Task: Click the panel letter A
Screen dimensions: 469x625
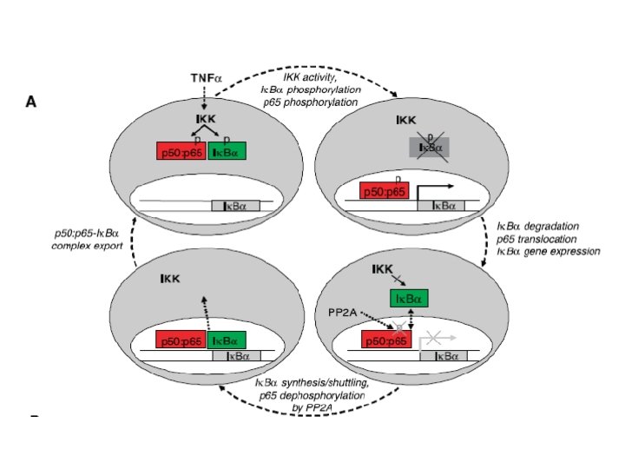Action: (x=31, y=102)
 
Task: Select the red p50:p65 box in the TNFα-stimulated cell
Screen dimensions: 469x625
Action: (x=181, y=151)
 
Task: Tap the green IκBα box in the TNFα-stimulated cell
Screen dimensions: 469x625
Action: (x=227, y=151)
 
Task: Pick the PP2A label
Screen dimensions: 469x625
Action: (x=342, y=310)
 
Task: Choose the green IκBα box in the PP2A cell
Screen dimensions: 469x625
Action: (x=408, y=300)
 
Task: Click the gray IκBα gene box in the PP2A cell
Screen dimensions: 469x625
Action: (x=443, y=356)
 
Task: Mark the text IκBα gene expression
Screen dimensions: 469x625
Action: (x=548, y=251)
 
